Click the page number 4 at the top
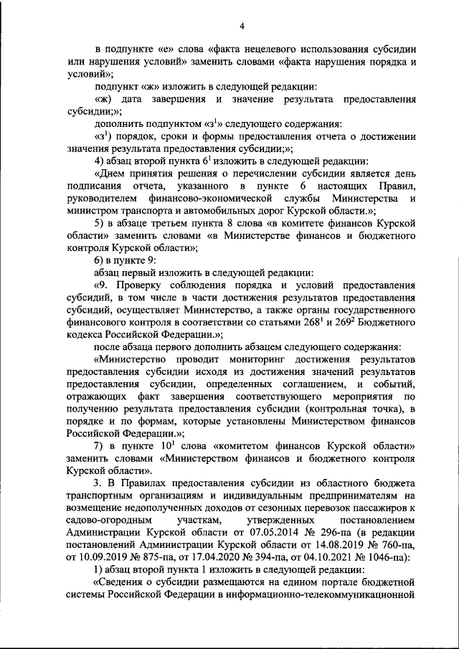[242, 27]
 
